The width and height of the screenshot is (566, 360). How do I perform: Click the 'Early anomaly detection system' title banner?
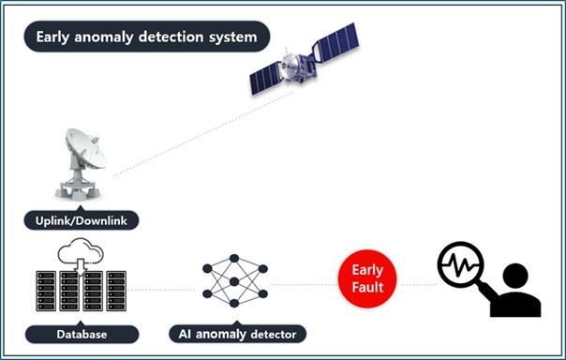(147, 37)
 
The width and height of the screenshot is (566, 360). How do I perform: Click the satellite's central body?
(299, 66)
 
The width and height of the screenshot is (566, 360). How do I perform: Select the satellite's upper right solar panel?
(336, 41)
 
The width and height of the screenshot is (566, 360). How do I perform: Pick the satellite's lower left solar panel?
(266, 78)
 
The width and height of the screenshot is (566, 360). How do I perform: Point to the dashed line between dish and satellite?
(203, 134)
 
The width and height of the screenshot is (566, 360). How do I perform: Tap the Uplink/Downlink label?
(82, 220)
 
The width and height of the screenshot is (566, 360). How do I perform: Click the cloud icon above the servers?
(81, 250)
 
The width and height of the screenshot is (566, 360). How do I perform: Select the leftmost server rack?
(46, 291)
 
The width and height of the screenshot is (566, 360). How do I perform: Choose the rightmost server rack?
(116, 291)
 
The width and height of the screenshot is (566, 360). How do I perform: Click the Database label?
(82, 334)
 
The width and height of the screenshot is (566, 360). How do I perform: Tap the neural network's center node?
(234, 281)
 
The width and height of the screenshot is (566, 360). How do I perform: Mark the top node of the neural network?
(234, 258)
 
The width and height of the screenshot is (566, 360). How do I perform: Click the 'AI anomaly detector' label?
(237, 334)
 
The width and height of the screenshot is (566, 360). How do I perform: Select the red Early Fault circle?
(367, 278)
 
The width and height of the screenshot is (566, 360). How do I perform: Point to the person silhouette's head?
(515, 276)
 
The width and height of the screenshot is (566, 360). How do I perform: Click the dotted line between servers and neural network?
(161, 290)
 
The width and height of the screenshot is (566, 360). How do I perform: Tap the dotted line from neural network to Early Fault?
(304, 285)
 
